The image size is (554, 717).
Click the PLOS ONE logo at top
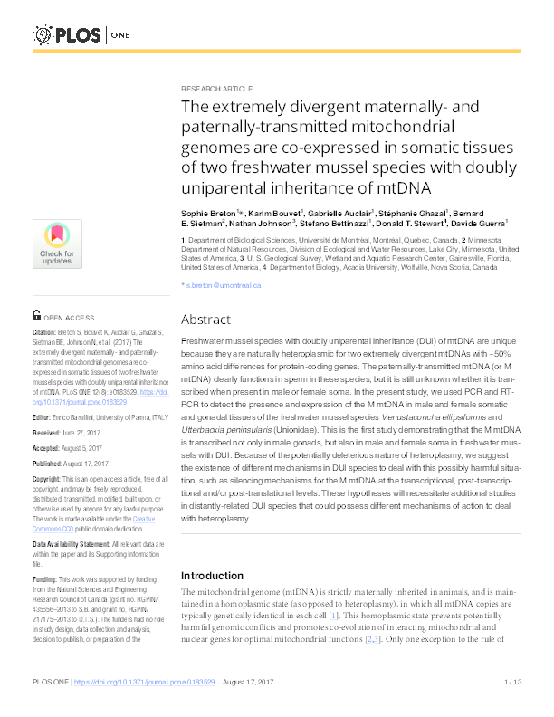[82, 35]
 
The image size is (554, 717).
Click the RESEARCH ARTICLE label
[216, 91]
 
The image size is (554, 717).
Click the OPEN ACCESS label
[68, 319]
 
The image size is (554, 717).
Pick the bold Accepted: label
[51, 447]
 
